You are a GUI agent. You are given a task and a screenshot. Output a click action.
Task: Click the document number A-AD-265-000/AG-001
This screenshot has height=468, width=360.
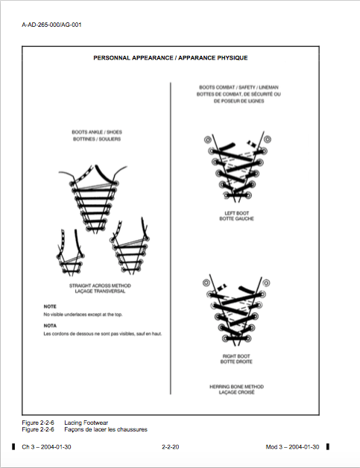(51, 25)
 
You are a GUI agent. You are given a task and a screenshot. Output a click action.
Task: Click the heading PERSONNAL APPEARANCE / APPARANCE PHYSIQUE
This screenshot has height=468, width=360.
(171, 57)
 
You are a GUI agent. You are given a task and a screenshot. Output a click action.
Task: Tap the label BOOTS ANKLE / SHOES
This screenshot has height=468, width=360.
(96, 132)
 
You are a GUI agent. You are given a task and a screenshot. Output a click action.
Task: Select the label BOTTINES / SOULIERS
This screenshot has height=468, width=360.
(96, 139)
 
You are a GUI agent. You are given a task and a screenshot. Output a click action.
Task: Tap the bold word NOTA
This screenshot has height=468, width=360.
(50, 326)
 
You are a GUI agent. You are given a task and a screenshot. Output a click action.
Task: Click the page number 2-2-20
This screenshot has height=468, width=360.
(170, 446)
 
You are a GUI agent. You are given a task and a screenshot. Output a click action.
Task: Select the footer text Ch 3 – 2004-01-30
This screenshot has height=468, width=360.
(47, 446)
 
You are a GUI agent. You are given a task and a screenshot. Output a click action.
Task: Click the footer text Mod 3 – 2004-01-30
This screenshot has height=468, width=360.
(292, 446)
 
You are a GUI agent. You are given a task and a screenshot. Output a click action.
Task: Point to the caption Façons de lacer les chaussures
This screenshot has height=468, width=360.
(107, 429)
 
